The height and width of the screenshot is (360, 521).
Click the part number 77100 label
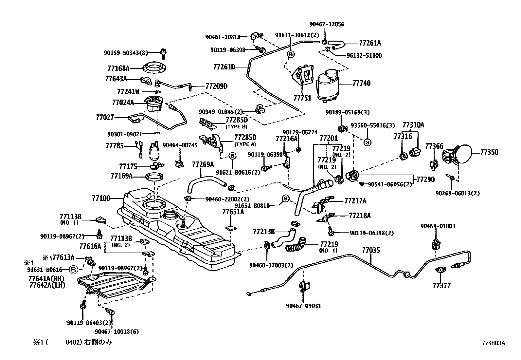tap(101, 198)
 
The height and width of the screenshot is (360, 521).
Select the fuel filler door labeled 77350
tap(457, 154)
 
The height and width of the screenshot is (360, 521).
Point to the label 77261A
tap(370, 43)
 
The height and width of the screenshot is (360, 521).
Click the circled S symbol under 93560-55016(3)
tap(367, 142)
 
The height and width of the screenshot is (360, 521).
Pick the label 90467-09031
tap(303, 306)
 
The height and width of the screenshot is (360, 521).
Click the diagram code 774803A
tap(494, 343)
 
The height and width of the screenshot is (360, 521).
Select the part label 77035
tap(371, 250)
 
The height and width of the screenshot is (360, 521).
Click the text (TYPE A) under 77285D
tap(245, 144)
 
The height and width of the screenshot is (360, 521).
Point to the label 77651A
tap(233, 212)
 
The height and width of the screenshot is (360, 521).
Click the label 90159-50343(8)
tap(126, 53)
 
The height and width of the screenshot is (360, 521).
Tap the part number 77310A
tap(413, 125)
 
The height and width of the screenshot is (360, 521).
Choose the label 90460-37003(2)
tap(271, 265)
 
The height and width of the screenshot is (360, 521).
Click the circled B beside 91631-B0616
tap(73, 270)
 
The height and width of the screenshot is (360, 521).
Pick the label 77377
tap(442, 286)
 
